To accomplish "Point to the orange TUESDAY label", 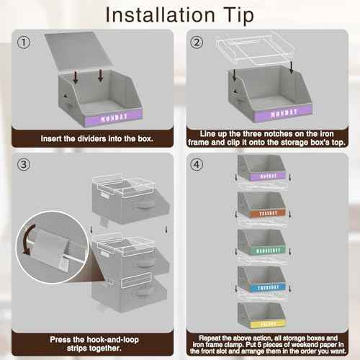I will tap(267, 212).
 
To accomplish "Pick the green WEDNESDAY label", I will tap(267, 249).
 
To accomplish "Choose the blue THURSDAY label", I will tap(267, 287).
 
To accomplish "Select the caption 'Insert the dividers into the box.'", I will tap(91, 136).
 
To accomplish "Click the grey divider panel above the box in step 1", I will tap(90, 54).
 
